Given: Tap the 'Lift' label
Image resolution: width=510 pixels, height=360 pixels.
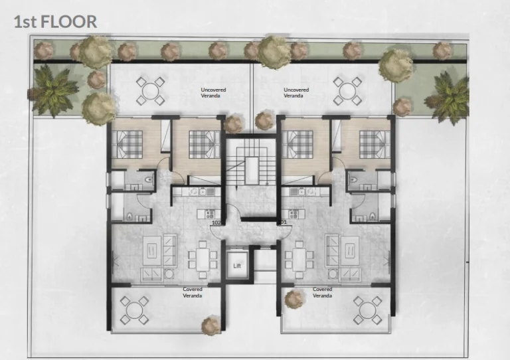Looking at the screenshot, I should pos(237,266).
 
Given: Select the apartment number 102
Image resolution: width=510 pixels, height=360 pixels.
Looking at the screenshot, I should pos(216,223).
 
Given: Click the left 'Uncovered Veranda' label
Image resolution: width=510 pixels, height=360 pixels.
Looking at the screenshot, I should pos(211,92).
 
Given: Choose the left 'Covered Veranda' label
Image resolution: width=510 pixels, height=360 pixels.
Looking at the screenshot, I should pos(193,292).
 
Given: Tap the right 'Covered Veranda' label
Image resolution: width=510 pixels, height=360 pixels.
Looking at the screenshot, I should pos(322,292).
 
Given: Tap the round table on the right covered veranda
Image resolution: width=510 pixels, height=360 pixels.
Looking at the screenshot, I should pos(367,310).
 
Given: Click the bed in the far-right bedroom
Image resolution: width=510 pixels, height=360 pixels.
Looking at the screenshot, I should pos(374,142).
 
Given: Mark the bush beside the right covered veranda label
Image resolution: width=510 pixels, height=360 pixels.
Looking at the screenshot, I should pos(293,298).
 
